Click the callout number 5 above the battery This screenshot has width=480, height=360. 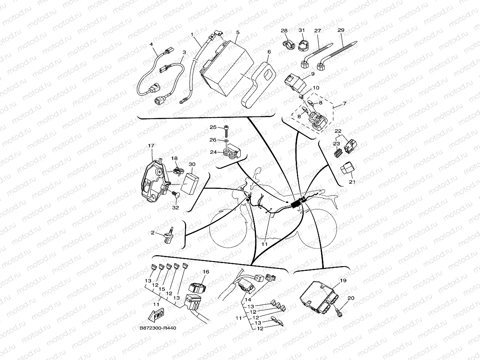coord(238,32)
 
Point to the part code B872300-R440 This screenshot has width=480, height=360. coord(157,328)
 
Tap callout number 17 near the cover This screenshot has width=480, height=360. coord(151,145)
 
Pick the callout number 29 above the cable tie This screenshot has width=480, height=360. coord(341,30)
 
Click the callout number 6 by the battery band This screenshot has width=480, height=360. coord(269,51)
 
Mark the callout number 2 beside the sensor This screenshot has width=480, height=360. coord(153,233)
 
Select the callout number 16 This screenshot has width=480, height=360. coord(206,272)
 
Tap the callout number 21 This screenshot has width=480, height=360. coord(352,182)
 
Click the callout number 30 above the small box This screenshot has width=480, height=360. coord(192,164)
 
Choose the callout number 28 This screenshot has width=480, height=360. coord(284,30)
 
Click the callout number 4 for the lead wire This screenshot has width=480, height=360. coord(151,45)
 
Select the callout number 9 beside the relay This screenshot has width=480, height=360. coord(312,74)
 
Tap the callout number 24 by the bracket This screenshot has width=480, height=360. coord(213,152)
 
